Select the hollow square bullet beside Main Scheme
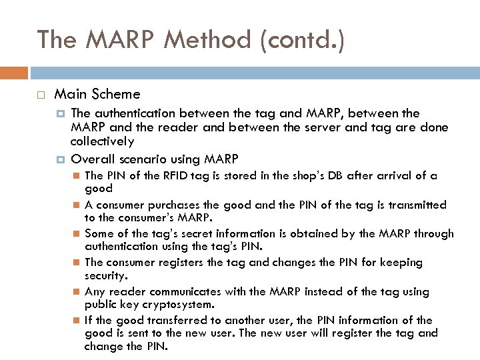tap(41, 95)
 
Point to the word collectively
tap(102, 141)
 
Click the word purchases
tap(191, 205)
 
